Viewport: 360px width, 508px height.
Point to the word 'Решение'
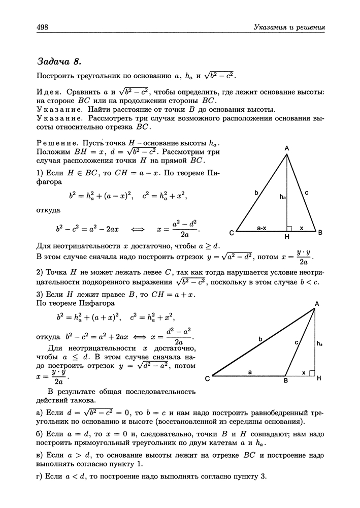(55, 144)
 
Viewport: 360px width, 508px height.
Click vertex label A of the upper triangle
(287, 148)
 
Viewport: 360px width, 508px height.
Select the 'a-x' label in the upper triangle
(261, 229)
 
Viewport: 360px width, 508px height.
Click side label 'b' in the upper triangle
(256, 193)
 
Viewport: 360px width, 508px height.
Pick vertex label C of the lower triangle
(207, 379)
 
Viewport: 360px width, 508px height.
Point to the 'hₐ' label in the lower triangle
(319, 344)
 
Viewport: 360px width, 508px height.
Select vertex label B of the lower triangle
(286, 381)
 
